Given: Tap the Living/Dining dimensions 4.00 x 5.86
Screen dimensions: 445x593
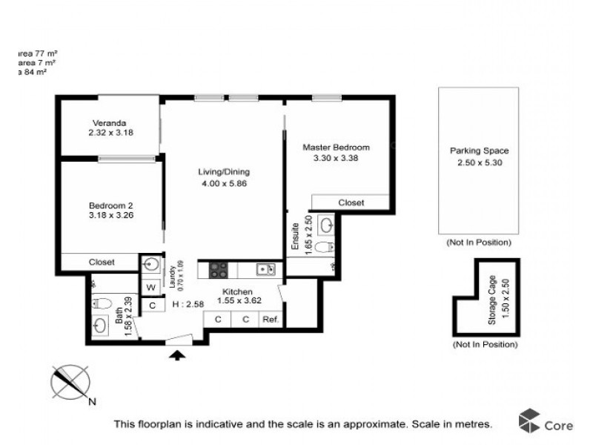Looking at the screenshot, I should pyautogui.click(x=222, y=185).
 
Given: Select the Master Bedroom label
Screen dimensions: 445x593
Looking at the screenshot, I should pyautogui.click(x=336, y=147).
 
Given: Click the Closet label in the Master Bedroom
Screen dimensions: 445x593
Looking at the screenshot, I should pyautogui.click(x=351, y=202).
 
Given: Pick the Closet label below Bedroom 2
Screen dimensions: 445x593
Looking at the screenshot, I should pyautogui.click(x=101, y=262).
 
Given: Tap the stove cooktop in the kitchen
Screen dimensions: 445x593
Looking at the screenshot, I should pyautogui.click(x=219, y=270).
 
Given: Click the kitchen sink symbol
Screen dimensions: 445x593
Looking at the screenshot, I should pyautogui.click(x=265, y=269).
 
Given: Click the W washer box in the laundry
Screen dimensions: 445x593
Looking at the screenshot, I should pyautogui.click(x=151, y=287).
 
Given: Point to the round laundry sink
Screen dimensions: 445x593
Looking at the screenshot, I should pyautogui.click(x=151, y=263).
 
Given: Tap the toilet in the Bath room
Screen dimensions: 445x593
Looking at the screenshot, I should pyautogui.click(x=102, y=303).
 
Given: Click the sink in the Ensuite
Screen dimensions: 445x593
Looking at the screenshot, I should pyautogui.click(x=325, y=225).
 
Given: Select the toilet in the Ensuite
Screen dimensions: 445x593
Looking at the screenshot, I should pyautogui.click(x=323, y=247).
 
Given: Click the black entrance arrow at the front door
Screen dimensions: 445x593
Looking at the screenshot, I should pyautogui.click(x=177, y=356).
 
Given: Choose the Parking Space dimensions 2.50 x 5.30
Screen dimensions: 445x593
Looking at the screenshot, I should pyautogui.click(x=479, y=162).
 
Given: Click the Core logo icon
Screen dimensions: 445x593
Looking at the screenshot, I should pyautogui.click(x=529, y=421).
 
